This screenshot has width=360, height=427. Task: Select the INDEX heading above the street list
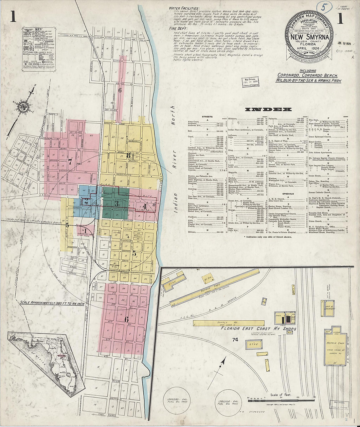pyautogui.click(x=268, y=109)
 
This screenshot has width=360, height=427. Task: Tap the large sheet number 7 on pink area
pyautogui.click(x=70, y=161)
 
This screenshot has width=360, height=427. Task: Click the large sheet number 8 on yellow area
pyautogui.click(x=129, y=155)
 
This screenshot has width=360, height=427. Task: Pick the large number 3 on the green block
pyautogui.click(x=116, y=204)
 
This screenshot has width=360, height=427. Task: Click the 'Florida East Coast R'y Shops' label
pyautogui.click(x=258, y=329)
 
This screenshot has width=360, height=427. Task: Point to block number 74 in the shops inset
pyautogui.click(x=235, y=340)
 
